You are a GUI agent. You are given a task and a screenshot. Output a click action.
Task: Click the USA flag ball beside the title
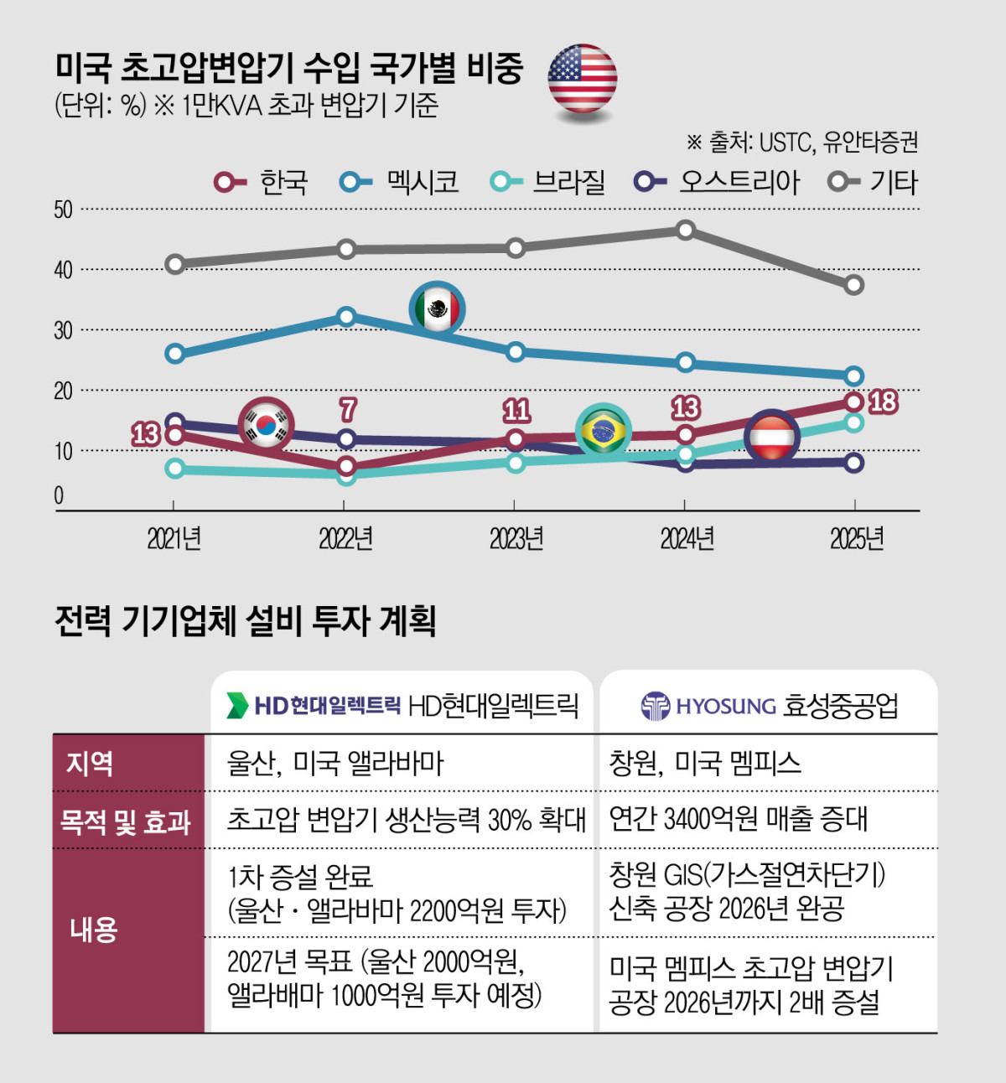(x=583, y=78)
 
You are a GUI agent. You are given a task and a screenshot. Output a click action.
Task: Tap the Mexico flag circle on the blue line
(x=437, y=309)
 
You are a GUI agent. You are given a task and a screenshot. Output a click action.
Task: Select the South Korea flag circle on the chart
(x=267, y=425)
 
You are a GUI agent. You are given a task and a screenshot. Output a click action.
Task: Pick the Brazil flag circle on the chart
(x=604, y=431)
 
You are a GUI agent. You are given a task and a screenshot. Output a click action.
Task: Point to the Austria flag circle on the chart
(x=772, y=437)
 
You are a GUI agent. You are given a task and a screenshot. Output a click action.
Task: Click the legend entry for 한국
(x=262, y=182)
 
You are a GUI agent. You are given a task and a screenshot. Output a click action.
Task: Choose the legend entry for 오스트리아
(x=718, y=182)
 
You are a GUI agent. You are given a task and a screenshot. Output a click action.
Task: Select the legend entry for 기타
(x=874, y=182)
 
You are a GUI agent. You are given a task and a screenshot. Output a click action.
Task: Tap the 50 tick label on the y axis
(x=63, y=210)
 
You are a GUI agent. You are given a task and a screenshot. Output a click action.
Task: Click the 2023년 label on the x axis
(x=516, y=538)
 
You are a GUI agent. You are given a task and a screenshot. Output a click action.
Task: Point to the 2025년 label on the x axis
(x=857, y=538)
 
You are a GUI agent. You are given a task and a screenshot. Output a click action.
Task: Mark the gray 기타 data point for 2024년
(x=686, y=231)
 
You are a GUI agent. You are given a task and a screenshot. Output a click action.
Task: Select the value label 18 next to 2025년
(x=883, y=402)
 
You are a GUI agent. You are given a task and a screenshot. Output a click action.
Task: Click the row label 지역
(x=90, y=763)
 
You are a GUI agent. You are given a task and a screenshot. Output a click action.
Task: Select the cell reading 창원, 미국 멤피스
(x=705, y=763)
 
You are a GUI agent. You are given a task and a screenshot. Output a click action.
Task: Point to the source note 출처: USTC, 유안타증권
(x=803, y=142)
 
